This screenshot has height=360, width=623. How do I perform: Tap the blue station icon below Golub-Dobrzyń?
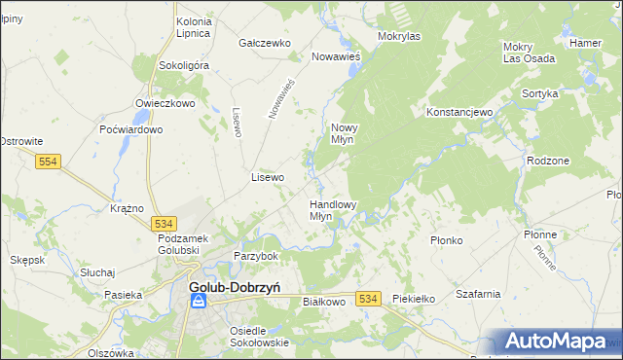pos(198,303)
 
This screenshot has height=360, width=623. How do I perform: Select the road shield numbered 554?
pos(51,162)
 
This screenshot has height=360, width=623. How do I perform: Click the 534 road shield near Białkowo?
pos(367,299)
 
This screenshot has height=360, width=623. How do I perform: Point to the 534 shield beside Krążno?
pos(163,224)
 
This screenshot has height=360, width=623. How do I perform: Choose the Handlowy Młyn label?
pos(333,210)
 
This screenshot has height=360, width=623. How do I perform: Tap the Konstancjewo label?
pos(461,112)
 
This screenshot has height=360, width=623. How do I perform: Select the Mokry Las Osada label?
pos(529,53)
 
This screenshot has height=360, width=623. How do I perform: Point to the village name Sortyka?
pos(539,93)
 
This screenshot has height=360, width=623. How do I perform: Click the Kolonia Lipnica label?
pos(194,27)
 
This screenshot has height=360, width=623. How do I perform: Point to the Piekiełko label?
pos(412,300)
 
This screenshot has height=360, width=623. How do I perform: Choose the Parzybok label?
pos(256,256)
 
